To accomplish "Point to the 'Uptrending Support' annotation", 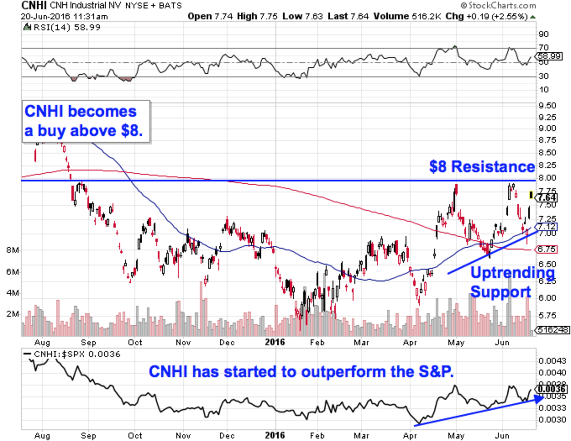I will pyautogui.click(x=512, y=282).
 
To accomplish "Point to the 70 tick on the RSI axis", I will pyautogui.click(x=543, y=47).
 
